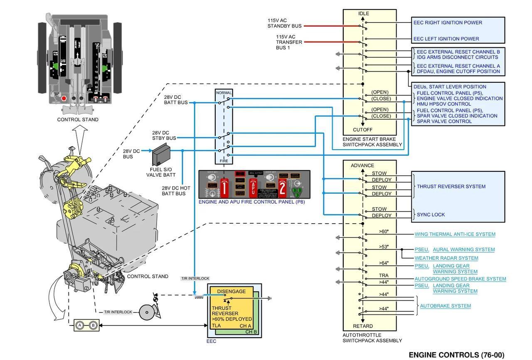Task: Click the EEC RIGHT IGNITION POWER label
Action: coord(448,22)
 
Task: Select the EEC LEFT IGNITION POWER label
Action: coord(446,39)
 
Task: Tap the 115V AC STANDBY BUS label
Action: coord(284,23)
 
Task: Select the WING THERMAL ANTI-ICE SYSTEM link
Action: coord(455,234)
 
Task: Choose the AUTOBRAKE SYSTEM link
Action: coord(445,306)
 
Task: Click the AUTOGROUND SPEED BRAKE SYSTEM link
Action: coord(460,279)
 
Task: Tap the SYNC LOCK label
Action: coord(431,215)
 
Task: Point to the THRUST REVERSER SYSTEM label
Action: coord(451,187)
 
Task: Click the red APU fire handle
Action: coord(253,187)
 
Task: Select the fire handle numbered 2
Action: coord(282,188)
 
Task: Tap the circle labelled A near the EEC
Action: coord(80,325)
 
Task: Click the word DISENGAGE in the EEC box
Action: coord(231,291)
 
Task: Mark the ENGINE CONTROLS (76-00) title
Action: coord(456,355)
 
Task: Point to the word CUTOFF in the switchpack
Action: coord(362,130)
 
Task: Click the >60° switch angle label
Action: coord(384,232)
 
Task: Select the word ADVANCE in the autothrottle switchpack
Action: coord(362,165)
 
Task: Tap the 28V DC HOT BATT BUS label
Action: coord(176,191)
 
